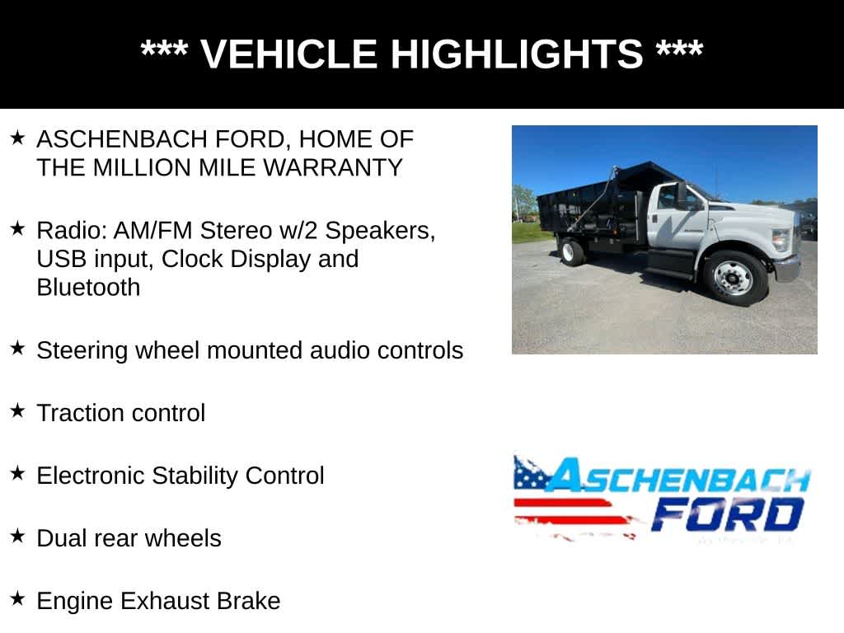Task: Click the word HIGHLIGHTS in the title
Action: tap(516, 54)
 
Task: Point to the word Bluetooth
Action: tap(88, 288)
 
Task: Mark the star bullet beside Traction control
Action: tap(18, 410)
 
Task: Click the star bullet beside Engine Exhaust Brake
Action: tap(18, 598)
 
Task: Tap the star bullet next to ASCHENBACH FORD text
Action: tap(18, 137)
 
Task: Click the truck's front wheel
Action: tap(733, 278)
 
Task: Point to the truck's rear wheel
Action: tap(570, 251)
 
